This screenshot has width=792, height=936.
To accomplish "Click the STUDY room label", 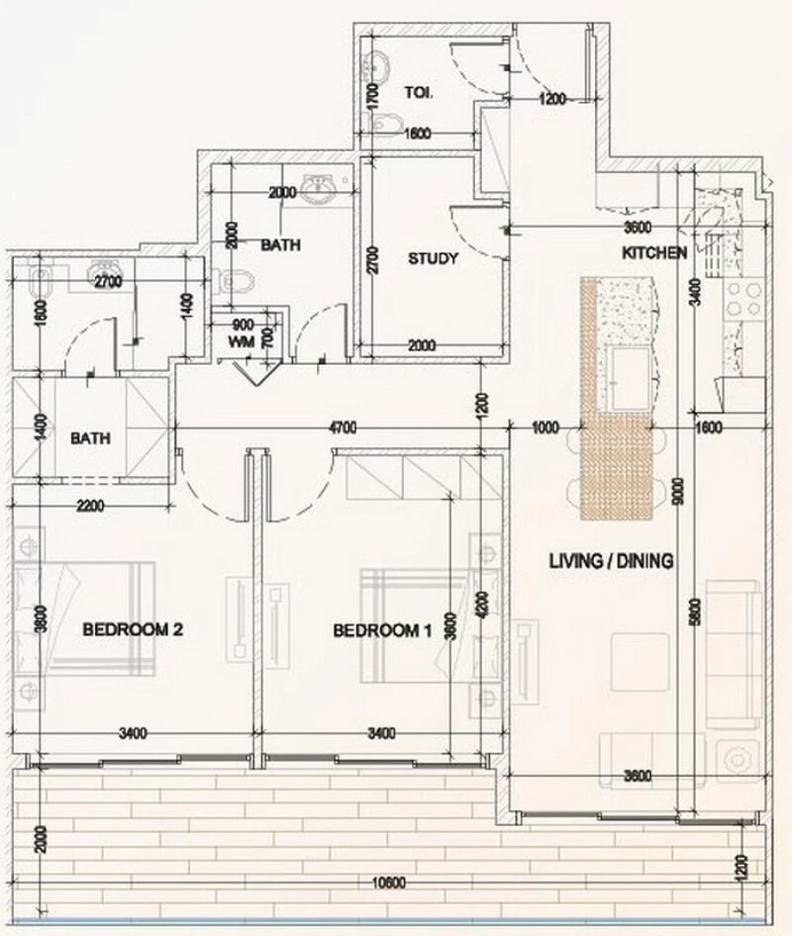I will tap(433, 259).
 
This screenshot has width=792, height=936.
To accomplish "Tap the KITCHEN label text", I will tap(654, 253).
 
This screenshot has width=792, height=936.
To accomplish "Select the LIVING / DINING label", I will tap(611, 560).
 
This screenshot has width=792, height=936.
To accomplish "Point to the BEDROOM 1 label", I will tap(382, 630).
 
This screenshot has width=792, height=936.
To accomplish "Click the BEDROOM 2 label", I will tap(132, 630).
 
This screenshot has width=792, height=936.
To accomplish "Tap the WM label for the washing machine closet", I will tap(240, 340).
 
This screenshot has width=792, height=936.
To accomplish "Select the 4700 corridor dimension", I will tap(341, 428).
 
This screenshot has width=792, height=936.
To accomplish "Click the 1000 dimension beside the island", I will tap(546, 428).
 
